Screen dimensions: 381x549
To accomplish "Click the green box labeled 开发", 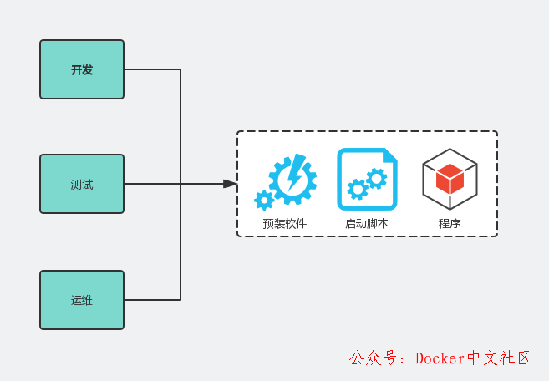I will (x=82, y=69).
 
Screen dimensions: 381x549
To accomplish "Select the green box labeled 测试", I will (x=82, y=184).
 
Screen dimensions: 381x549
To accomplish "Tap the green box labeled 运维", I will (x=82, y=299).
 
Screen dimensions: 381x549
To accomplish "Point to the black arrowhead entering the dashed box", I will (x=230, y=184).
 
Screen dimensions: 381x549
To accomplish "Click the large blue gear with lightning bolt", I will (x=293, y=178).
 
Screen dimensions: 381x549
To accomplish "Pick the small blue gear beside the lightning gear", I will (x=264, y=200).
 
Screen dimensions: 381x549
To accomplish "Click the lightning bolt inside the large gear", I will (x=294, y=176).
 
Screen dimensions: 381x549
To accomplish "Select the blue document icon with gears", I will (x=367, y=179).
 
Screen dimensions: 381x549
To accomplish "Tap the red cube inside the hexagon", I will (x=450, y=177).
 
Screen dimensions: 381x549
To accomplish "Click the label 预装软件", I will (x=285, y=224).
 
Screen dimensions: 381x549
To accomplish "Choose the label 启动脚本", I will (x=367, y=224).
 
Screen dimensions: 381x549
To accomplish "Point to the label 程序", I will (x=450, y=224).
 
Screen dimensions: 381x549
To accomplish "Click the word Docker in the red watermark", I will (x=440, y=358).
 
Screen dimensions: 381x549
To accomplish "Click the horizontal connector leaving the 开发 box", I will (x=152, y=69).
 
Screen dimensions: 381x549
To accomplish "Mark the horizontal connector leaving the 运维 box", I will (x=152, y=299).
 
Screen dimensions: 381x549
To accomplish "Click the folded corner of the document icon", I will (x=390, y=155).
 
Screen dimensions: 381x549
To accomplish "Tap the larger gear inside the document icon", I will (x=377, y=177).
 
